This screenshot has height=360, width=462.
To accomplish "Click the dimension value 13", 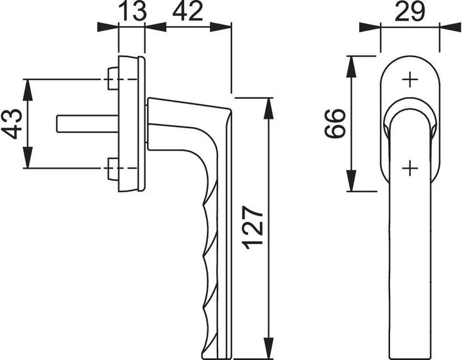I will click(x=132, y=12).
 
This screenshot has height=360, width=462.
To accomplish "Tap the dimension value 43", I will click(x=12, y=123).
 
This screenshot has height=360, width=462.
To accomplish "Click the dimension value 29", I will click(x=410, y=12).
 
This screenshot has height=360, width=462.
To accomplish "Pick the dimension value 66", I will click(x=335, y=123).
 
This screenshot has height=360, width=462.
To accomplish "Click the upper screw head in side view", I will click(x=112, y=79).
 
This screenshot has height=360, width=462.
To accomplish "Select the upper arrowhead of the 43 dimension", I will click(x=28, y=87).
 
